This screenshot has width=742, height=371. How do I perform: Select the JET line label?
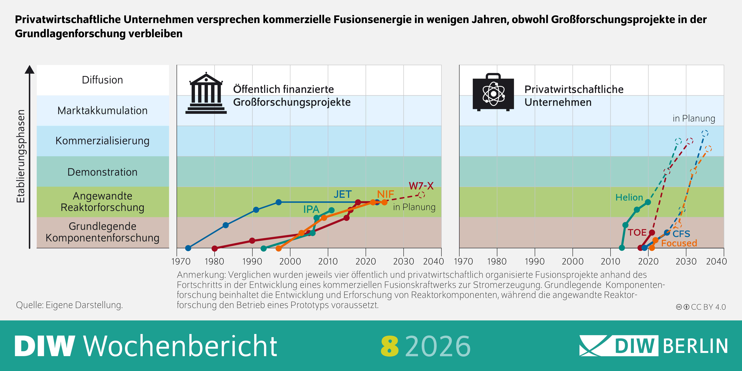point(343,194)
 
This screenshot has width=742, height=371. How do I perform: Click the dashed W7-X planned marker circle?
point(421,195)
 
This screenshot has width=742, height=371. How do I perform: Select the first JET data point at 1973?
point(188,248)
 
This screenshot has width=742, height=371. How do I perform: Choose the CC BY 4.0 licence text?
point(708,307)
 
